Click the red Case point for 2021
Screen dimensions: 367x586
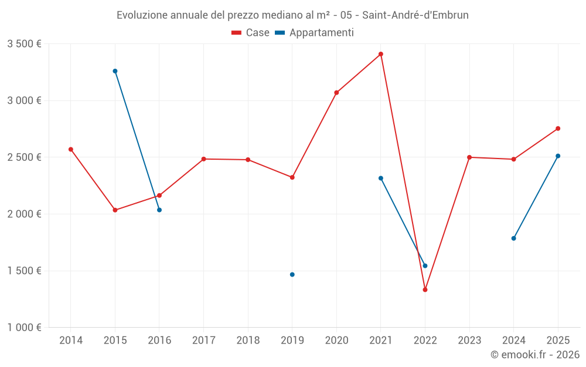381,54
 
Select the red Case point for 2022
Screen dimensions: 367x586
425,289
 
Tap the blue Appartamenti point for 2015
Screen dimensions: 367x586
115,71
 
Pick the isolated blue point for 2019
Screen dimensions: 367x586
292,274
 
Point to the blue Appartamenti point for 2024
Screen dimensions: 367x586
513,238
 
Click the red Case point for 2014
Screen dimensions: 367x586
71,149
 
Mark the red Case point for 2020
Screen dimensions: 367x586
336,93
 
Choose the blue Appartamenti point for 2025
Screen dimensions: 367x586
558,156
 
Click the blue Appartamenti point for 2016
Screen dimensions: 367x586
159,210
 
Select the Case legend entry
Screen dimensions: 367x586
251,33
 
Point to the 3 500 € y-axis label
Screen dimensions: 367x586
25,44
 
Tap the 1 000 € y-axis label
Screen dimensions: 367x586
25,328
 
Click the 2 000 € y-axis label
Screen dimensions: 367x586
25,214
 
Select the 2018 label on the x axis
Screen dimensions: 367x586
248,340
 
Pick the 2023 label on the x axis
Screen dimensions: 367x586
469,340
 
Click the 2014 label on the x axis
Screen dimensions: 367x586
71,340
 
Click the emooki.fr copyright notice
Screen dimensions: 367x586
535,355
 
